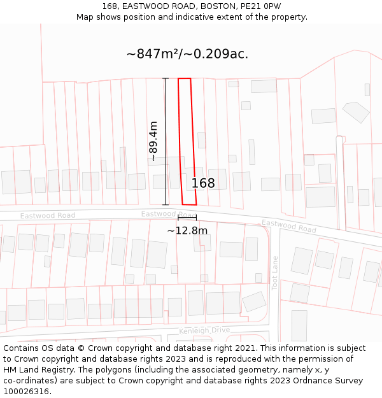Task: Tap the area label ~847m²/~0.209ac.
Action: (x=187, y=54)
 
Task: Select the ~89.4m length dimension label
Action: (x=153, y=141)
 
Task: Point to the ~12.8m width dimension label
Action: (x=187, y=231)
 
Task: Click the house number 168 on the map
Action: (x=203, y=183)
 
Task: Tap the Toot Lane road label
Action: (x=275, y=273)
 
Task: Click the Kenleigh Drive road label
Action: (x=204, y=330)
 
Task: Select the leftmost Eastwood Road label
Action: (x=48, y=216)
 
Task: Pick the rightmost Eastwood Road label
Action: (x=289, y=225)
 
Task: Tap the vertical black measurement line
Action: (x=166, y=141)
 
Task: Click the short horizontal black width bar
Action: (x=187, y=218)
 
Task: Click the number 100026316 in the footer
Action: (x=27, y=392)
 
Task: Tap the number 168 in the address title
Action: (x=110, y=6)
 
